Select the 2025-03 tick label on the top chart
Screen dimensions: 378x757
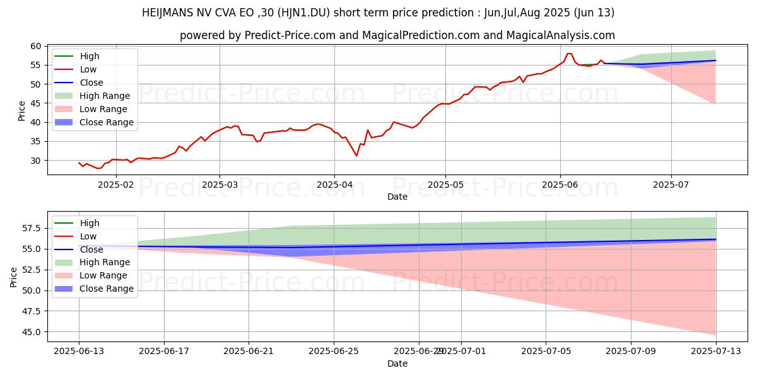[220, 184]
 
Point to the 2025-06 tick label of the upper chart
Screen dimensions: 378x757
[559, 184]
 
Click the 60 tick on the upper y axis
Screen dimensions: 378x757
[35, 46]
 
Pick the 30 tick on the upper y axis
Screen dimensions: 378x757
[35, 161]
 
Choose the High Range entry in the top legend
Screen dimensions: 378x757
[105, 96]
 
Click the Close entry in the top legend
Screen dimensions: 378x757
[92, 83]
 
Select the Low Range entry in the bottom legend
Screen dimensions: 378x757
[104, 275]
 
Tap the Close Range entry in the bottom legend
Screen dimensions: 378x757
[107, 289]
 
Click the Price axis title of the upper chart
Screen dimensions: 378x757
[22, 111]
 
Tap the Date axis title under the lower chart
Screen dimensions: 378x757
[397, 364]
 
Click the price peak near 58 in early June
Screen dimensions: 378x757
[569, 54]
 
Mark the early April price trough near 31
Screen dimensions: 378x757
[356, 156]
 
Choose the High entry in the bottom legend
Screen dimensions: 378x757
[90, 223]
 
